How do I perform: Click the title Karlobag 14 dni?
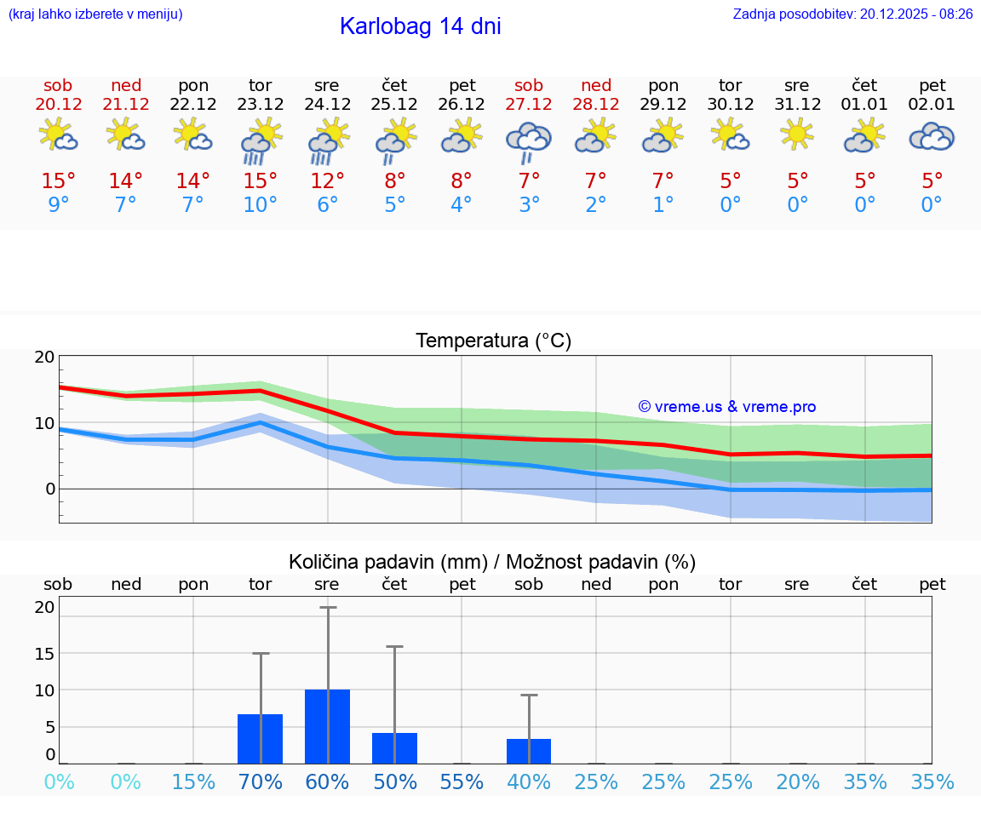[420, 26]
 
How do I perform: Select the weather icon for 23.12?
[260, 141]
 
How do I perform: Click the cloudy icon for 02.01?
[932, 137]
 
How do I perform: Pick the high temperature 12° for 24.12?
[327, 181]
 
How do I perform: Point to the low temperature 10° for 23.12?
[260, 205]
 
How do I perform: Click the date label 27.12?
[529, 105]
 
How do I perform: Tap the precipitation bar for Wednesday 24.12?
[327, 726]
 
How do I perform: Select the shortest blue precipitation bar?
[529, 751]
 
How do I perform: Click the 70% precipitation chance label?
[260, 781]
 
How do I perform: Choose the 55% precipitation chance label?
[462, 781]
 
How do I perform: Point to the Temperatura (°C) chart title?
[493, 341]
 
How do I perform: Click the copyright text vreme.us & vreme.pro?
[726, 407]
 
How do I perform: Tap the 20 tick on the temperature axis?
[44, 358]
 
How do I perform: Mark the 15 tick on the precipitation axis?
[44, 654]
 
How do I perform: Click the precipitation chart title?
[492, 562]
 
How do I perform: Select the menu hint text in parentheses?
[95, 14]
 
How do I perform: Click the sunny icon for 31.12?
[797, 135]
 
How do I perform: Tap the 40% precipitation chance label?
[529, 781]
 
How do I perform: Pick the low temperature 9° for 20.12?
[59, 205]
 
